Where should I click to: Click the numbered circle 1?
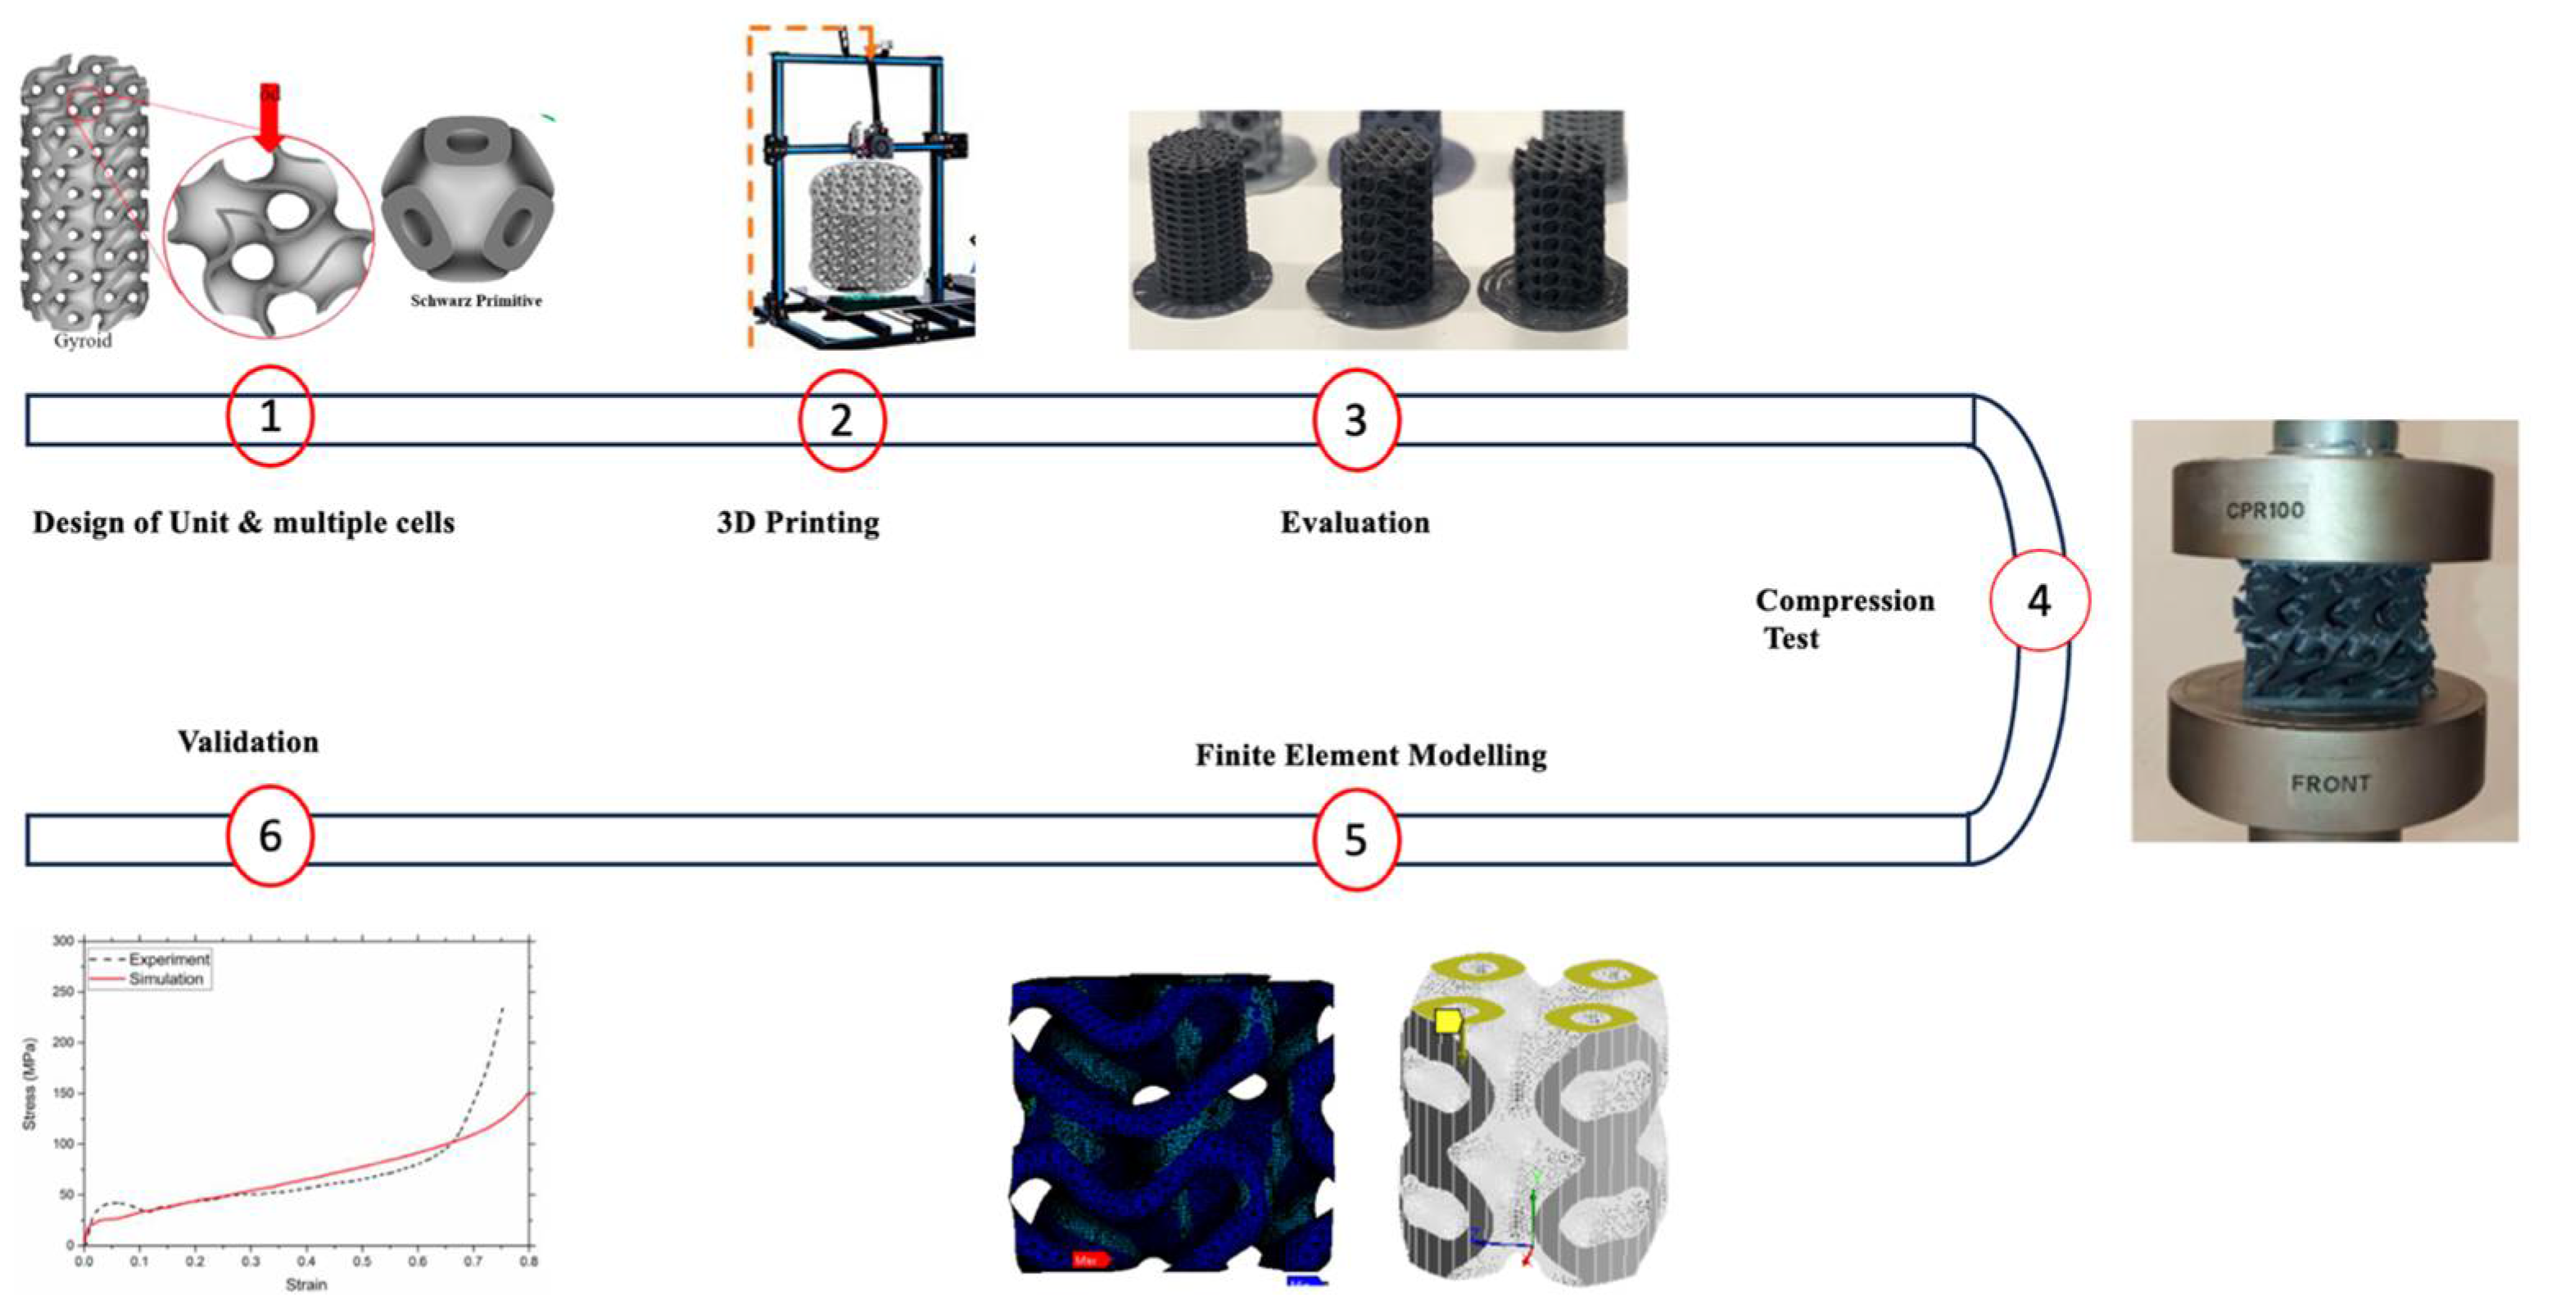point(269,416)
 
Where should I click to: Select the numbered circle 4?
point(2038,600)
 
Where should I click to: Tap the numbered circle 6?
point(269,836)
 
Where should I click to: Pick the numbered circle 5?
point(1355,840)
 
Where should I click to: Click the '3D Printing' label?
point(798,523)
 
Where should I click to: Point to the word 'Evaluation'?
point(1355,523)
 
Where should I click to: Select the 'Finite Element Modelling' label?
point(1370,755)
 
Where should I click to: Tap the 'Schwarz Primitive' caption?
point(476,301)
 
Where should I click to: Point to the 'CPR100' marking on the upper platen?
point(2265,510)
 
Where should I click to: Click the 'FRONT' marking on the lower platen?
point(2330,784)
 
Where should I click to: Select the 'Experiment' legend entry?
point(169,959)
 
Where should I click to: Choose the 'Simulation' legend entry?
point(165,979)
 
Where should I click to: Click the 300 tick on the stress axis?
point(63,940)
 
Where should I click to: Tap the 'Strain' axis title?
point(306,1285)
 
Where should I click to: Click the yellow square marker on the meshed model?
point(1447,1021)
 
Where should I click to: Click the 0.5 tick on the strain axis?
point(363,1262)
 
